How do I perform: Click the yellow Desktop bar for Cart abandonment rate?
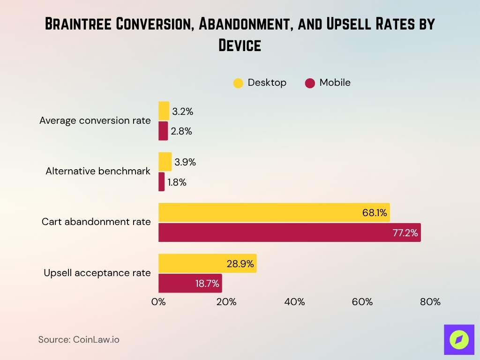click(x=274, y=212)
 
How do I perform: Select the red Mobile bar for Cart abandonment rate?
click(x=289, y=232)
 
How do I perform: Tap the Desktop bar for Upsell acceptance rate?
click(x=207, y=263)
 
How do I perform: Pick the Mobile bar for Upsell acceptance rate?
click(x=190, y=283)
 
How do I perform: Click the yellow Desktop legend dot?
click(x=238, y=83)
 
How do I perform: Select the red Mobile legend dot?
click(x=310, y=83)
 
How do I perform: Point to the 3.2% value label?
click(x=182, y=112)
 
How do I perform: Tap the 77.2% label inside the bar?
click(x=405, y=232)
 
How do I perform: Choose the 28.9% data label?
click(x=240, y=263)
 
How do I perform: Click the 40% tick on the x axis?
click(x=294, y=302)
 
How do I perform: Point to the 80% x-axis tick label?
click(x=430, y=302)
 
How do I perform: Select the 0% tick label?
click(x=158, y=302)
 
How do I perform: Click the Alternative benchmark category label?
click(x=98, y=171)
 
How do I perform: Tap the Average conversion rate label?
click(x=95, y=120)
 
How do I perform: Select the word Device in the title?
click(x=240, y=45)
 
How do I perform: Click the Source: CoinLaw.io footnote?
click(x=79, y=339)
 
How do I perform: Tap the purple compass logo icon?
click(x=459, y=339)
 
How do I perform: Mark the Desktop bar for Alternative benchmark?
click(x=165, y=162)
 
